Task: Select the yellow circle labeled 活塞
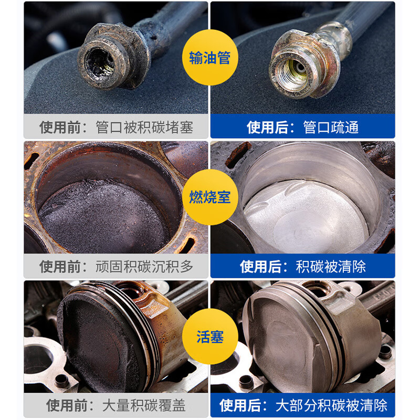pos(209,337)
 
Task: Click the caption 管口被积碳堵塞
pos(144,128)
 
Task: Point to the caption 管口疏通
pos(331,128)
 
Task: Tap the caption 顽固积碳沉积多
pos(144,266)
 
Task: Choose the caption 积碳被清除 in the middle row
pos(331,266)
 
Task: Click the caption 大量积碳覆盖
pos(144,405)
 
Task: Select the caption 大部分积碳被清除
pos(331,405)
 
